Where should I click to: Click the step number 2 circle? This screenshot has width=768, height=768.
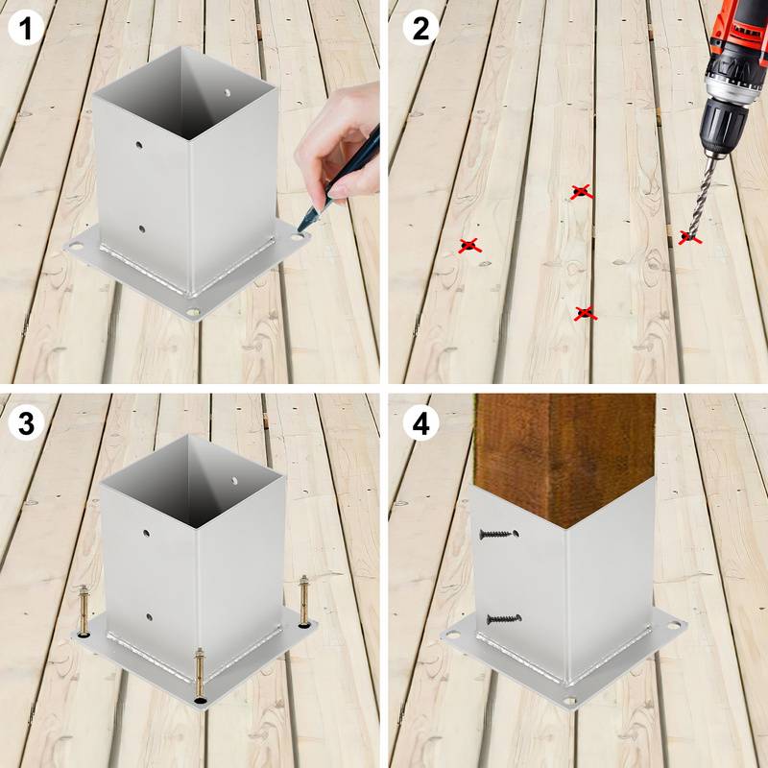click(x=420, y=29)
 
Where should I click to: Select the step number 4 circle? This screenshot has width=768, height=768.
click(x=420, y=423)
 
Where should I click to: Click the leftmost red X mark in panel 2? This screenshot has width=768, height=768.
click(x=468, y=246)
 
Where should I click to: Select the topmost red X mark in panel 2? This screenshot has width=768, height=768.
click(x=580, y=192)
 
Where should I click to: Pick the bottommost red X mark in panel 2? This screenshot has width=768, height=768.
click(x=584, y=313)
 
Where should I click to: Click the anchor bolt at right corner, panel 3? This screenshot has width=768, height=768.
click(x=305, y=600)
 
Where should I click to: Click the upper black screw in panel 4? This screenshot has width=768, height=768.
click(x=496, y=533)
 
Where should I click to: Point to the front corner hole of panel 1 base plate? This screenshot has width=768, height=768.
click(x=194, y=312)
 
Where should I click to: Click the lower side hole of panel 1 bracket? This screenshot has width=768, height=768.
click(x=141, y=228)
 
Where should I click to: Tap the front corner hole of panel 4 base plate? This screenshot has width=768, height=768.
click(x=570, y=702)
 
